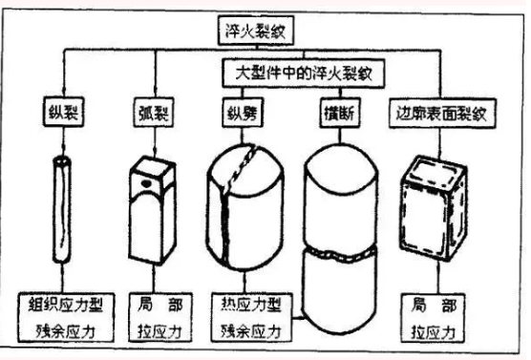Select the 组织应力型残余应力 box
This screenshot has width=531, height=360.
pyautogui.click(x=69, y=321)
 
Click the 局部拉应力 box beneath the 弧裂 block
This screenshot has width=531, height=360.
pyautogui.click(x=151, y=321)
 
